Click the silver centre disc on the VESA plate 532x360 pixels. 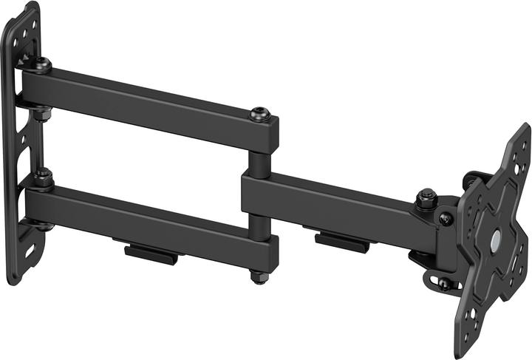(494, 240)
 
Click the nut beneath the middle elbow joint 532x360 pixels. (257, 276)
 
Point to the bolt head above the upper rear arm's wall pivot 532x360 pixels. (42, 64)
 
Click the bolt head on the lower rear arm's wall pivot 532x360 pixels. (42, 177)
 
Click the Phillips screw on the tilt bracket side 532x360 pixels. (446, 218)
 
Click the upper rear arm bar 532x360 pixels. (148, 104)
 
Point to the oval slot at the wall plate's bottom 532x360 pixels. (30, 252)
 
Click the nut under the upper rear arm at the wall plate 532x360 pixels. (43, 115)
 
